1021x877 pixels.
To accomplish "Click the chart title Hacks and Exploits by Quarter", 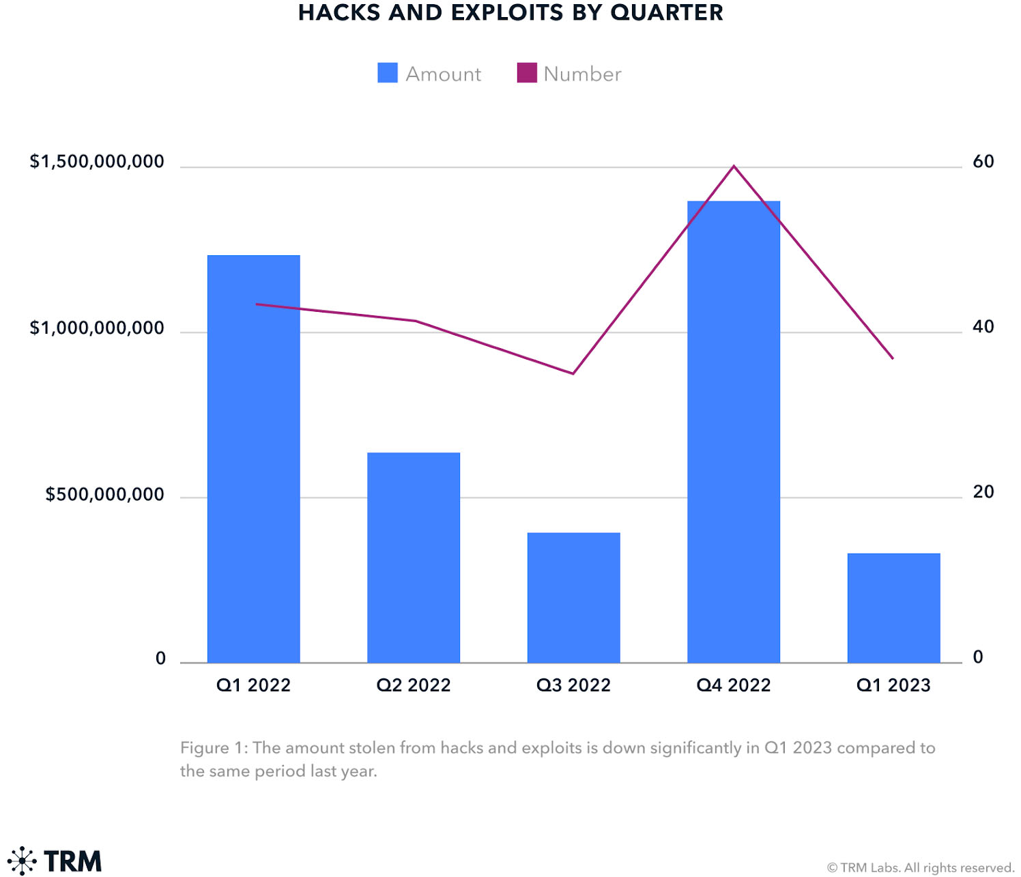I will tap(510, 13).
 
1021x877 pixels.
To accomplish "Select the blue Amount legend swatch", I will tap(388, 73).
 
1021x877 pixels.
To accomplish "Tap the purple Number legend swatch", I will tap(527, 73).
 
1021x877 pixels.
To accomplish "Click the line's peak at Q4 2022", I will tap(734, 166).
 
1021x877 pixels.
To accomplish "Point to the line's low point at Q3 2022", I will tap(573, 373).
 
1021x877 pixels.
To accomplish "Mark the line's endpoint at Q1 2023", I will tap(893, 358).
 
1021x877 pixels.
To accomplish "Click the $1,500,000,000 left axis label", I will tap(97, 162).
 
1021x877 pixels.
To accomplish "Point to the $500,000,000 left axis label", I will tap(104, 494).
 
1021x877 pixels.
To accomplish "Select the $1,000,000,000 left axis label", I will tap(97, 328).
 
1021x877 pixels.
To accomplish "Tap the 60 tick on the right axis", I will tap(983, 162).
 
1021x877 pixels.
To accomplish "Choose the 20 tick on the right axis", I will tap(983, 492).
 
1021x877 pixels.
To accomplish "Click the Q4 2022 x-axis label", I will tap(734, 685).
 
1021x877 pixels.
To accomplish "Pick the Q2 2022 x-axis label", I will tap(414, 685).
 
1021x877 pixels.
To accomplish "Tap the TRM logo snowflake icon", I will tap(22, 861).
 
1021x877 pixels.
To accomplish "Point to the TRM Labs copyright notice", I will tap(920, 867).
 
